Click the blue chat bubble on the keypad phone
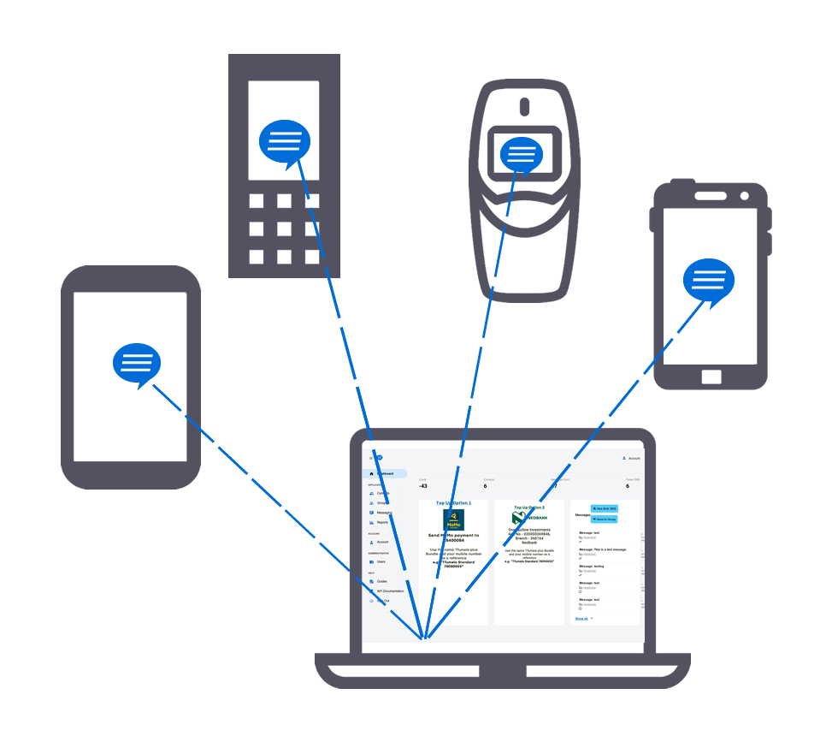click(284, 142)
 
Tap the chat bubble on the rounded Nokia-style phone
click(521, 155)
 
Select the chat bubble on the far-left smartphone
click(137, 364)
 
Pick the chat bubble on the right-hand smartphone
click(709, 282)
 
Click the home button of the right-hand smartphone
click(711, 377)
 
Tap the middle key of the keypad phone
click(284, 229)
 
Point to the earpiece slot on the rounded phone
click(524, 107)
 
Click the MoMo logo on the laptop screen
click(453, 519)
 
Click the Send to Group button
click(604, 519)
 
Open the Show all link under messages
click(581, 618)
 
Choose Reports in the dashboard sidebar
click(382, 522)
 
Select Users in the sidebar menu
click(381, 561)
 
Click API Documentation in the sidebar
click(390, 591)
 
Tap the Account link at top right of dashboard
click(633, 459)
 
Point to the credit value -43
click(423, 486)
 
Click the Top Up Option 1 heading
click(453, 503)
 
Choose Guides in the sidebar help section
click(382, 581)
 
